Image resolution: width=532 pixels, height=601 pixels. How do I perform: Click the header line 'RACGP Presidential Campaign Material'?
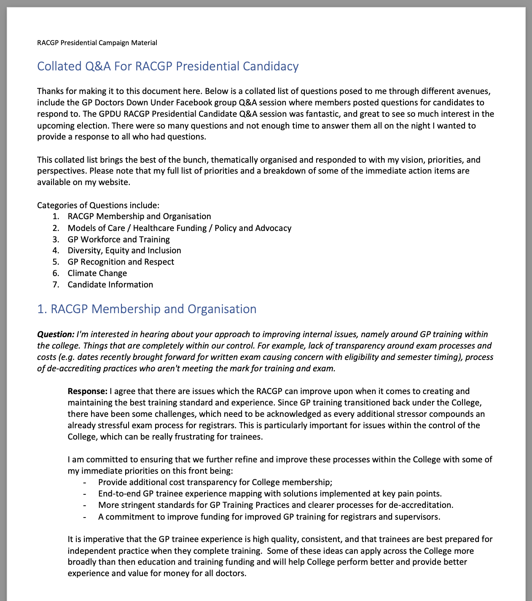tap(97, 43)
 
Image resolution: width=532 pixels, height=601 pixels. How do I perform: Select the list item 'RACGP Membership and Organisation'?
tap(139, 216)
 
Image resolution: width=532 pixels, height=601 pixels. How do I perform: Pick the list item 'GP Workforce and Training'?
tap(118, 239)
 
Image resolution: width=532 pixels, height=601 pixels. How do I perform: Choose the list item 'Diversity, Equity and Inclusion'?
tap(124, 250)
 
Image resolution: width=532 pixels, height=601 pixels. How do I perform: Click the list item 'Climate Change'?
tap(97, 273)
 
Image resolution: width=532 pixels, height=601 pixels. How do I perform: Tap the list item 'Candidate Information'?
tap(110, 284)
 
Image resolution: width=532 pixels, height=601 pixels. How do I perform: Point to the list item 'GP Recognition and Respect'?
tap(121, 262)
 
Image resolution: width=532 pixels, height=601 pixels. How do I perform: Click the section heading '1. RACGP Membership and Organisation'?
tap(147, 309)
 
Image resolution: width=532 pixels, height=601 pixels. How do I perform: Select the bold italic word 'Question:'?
tap(56, 334)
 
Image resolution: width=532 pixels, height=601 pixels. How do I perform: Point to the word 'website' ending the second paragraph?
tap(114, 182)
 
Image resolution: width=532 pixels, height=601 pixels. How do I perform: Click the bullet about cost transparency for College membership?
tap(215, 482)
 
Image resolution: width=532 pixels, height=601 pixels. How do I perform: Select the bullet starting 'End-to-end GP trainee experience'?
tap(270, 494)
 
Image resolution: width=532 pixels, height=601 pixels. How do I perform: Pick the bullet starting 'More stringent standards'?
tap(276, 505)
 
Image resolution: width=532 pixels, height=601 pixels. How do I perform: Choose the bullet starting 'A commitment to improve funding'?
tap(269, 517)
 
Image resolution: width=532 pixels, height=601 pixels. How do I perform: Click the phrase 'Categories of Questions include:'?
tap(98, 205)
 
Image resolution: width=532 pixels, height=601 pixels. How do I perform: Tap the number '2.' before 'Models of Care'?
tap(56, 228)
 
